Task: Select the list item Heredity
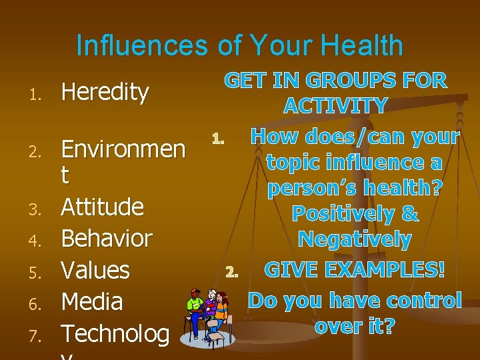(105, 93)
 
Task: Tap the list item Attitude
(102, 207)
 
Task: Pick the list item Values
(95, 270)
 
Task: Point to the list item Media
(92, 302)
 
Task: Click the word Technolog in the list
(115, 333)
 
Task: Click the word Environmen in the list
(123, 149)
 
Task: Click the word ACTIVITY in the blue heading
(335, 106)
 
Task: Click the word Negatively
(355, 239)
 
